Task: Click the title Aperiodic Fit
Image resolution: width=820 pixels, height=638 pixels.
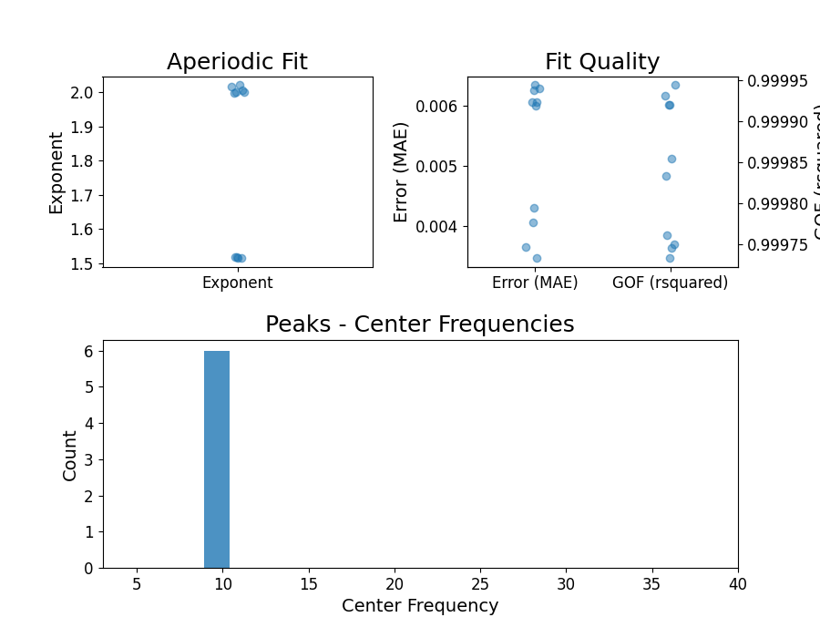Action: [237, 62]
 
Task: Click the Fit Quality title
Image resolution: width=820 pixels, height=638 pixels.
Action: [601, 62]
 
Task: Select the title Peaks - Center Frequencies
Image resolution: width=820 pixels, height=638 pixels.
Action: [419, 324]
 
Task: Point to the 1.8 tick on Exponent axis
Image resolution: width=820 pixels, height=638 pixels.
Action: [82, 160]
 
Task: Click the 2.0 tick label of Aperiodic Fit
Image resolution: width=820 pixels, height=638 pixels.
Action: [82, 92]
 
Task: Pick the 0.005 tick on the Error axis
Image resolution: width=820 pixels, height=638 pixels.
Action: [440, 166]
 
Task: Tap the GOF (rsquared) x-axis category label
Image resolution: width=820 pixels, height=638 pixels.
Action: [670, 283]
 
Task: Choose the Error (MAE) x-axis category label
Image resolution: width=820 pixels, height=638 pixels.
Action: [535, 283]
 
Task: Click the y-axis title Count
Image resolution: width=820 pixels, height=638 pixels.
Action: [70, 455]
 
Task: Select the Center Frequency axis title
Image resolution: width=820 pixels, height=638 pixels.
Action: [419, 606]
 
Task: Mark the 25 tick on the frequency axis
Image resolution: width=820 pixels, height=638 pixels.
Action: [480, 582]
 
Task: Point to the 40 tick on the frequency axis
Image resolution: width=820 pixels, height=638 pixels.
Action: [737, 582]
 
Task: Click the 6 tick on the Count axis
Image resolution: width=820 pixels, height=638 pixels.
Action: [89, 351]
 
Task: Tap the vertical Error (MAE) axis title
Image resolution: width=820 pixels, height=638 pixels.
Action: [401, 172]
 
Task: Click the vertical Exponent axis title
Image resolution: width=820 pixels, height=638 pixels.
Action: [56, 172]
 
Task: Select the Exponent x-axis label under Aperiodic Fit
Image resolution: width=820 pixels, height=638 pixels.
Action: [237, 283]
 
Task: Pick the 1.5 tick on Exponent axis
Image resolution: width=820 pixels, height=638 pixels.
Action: [82, 263]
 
